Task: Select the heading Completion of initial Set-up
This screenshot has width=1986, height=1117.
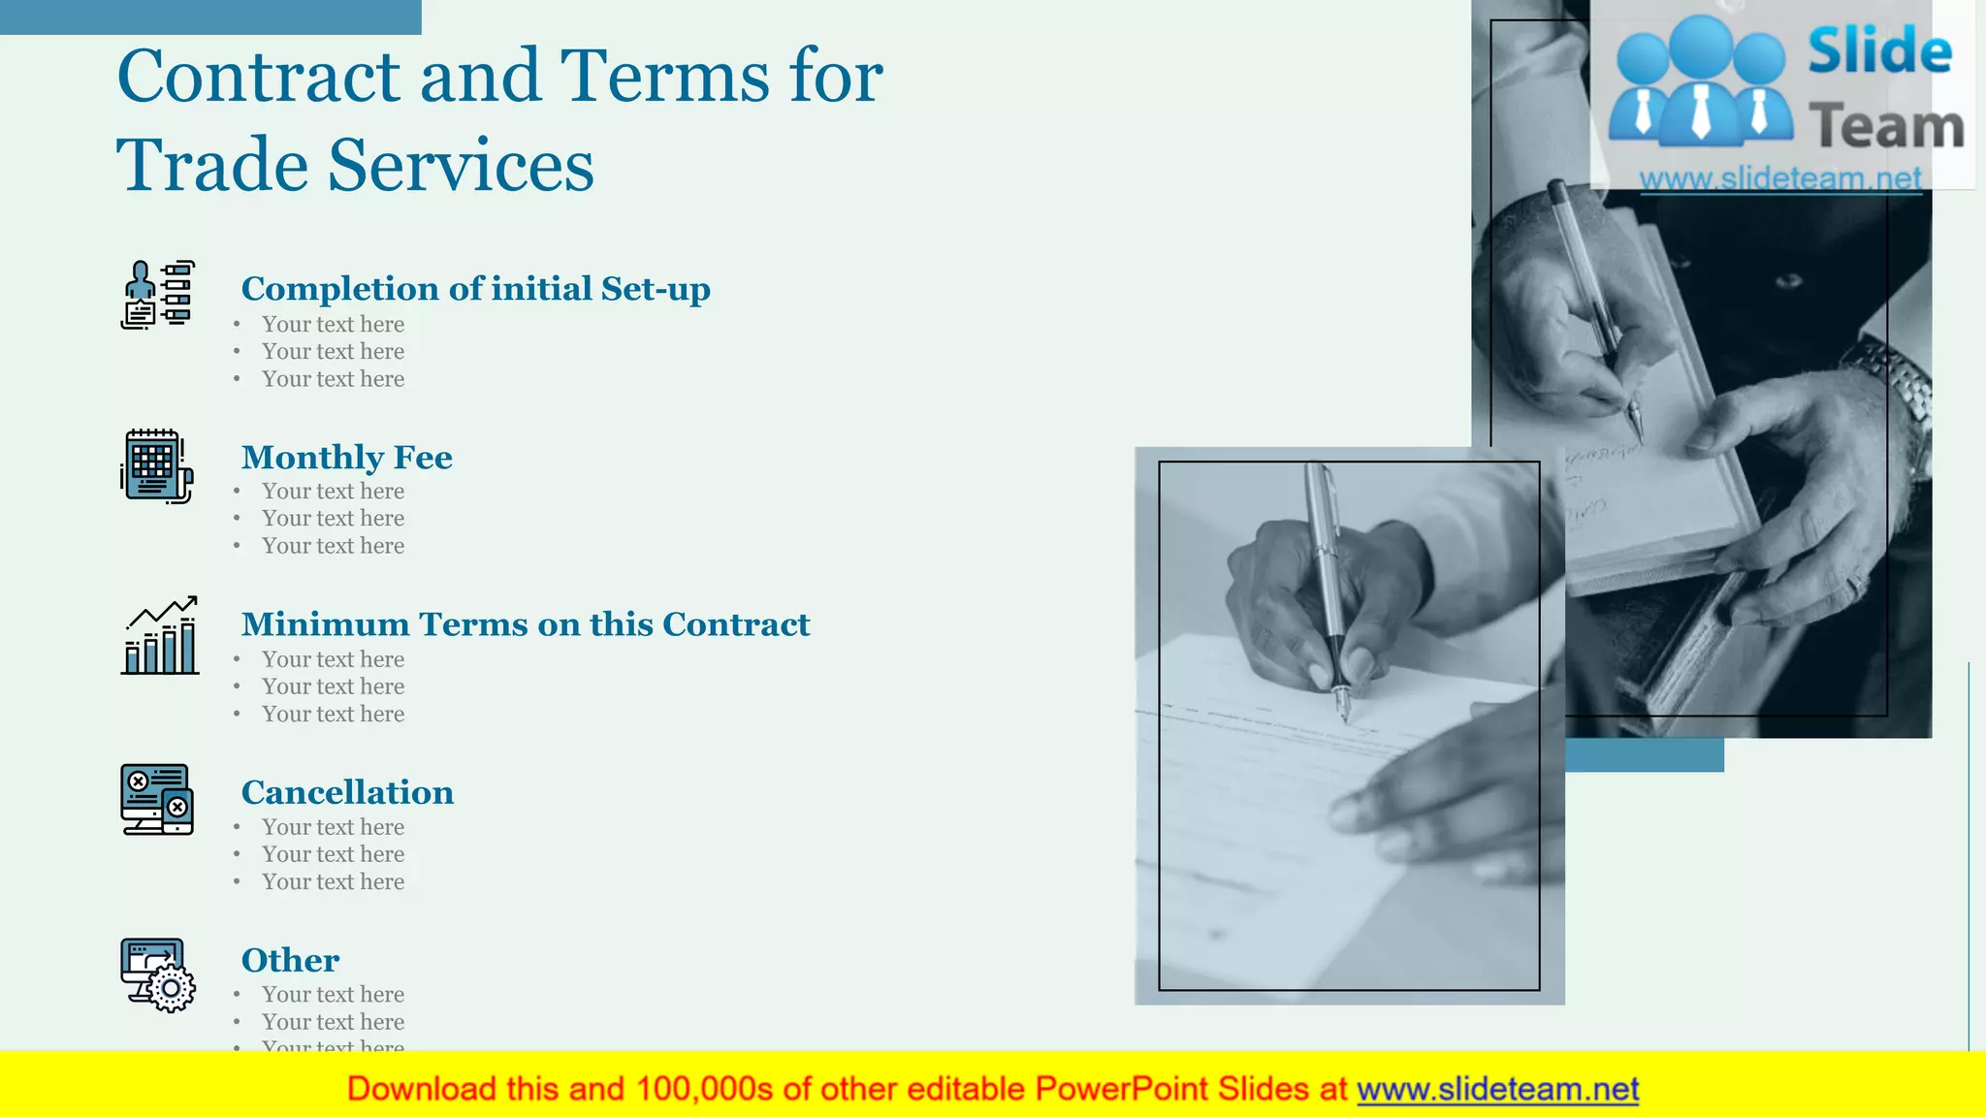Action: click(x=475, y=289)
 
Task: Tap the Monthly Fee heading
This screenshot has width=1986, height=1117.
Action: click(x=346, y=457)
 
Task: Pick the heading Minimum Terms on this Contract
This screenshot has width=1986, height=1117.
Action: click(x=525, y=624)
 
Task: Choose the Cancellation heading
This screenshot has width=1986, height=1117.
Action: click(x=347, y=792)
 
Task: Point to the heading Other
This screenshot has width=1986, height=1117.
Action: click(x=290, y=960)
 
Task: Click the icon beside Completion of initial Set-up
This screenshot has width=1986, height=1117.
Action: click(x=158, y=295)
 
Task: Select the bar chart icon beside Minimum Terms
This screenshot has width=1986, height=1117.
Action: click(x=160, y=636)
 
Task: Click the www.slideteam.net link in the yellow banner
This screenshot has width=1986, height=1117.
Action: click(x=1497, y=1089)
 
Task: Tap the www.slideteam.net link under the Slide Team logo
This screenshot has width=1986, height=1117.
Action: click(x=1780, y=178)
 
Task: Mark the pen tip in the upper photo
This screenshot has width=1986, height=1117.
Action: click(x=1637, y=431)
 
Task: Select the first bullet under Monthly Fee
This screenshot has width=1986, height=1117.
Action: click(x=333, y=492)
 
